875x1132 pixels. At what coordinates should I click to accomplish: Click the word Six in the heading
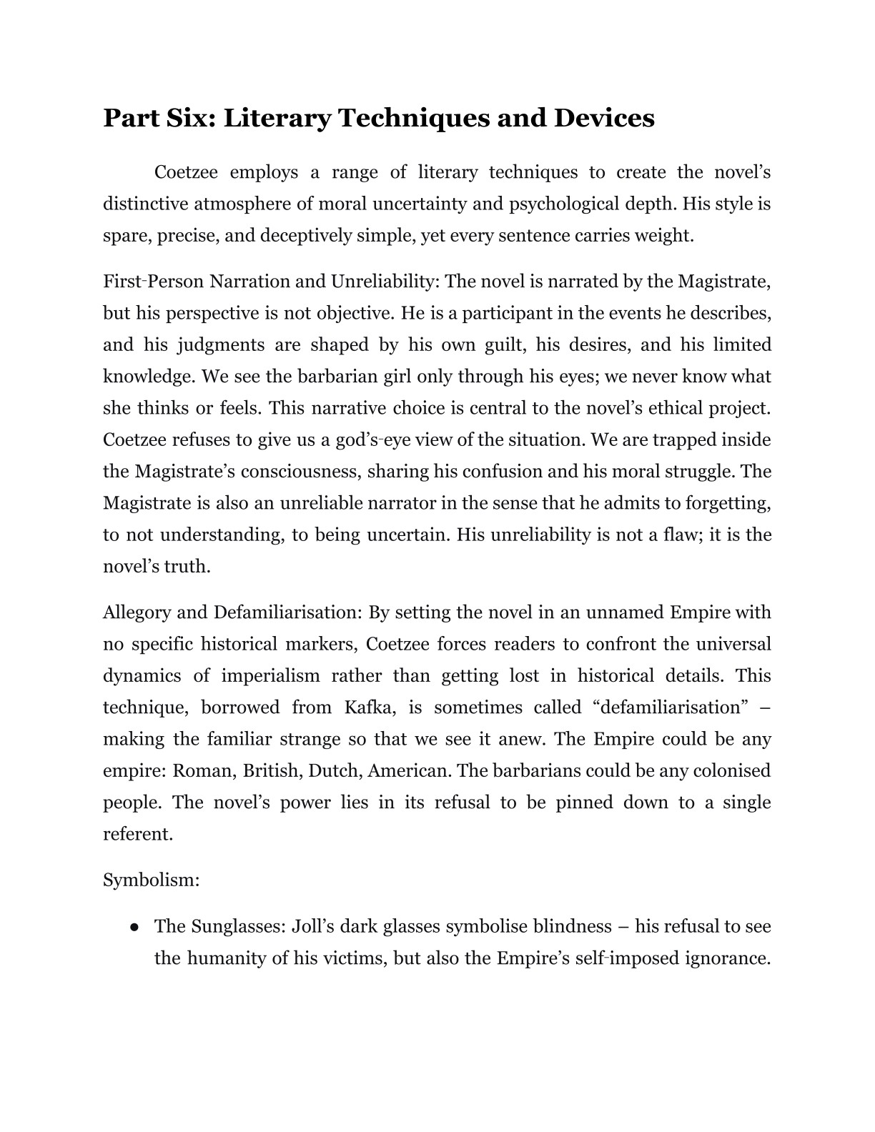pos(192,118)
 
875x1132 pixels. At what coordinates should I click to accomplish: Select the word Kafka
pos(370,707)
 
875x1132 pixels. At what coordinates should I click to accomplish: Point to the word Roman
pos(203,770)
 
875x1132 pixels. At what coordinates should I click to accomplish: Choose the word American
pos(411,770)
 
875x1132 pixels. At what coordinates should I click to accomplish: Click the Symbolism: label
pos(151,880)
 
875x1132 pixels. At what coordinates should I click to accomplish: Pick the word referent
pos(138,834)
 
